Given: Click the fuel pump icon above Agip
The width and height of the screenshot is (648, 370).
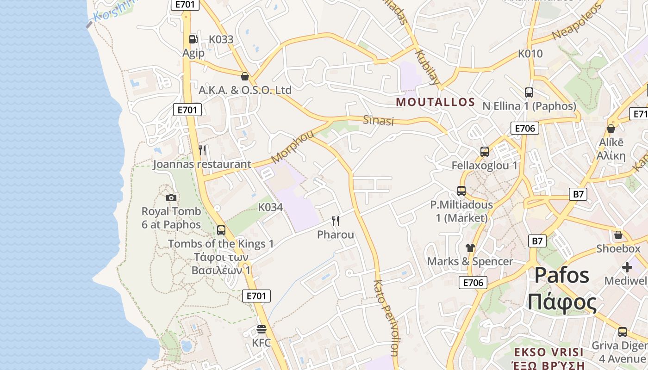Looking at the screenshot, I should click(193, 39).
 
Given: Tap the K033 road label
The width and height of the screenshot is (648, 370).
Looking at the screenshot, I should click(221, 39).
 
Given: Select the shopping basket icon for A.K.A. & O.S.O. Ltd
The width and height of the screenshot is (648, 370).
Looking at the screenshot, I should click(245, 76).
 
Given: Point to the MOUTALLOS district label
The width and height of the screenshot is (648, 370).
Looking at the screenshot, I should click(436, 102).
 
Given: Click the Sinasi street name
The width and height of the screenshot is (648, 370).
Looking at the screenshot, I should click(378, 120).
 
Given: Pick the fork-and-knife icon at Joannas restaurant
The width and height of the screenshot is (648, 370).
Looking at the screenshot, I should click(202, 150).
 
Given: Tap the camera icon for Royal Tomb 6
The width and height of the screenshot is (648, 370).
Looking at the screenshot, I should click(171, 197).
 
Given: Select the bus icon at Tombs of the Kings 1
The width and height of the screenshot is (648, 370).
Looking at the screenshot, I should click(221, 230).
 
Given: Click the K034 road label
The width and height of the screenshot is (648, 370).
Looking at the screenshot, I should click(270, 207).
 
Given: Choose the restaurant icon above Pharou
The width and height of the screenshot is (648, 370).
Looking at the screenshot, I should click(336, 221).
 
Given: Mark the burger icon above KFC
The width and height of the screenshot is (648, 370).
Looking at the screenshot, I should click(262, 329).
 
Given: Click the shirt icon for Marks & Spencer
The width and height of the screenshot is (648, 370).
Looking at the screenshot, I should click(470, 247).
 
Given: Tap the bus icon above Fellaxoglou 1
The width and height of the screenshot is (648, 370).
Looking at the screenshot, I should click(485, 151).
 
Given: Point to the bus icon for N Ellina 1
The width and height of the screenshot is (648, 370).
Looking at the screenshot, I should click(529, 92).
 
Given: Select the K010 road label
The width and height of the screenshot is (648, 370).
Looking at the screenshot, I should click(530, 54).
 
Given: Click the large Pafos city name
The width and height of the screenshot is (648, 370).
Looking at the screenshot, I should click(562, 275).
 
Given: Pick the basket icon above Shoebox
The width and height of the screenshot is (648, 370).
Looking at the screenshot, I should click(618, 235).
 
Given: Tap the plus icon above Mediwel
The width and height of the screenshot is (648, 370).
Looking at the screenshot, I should click(627, 267).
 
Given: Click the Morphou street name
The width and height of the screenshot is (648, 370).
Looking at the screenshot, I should click(293, 147).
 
